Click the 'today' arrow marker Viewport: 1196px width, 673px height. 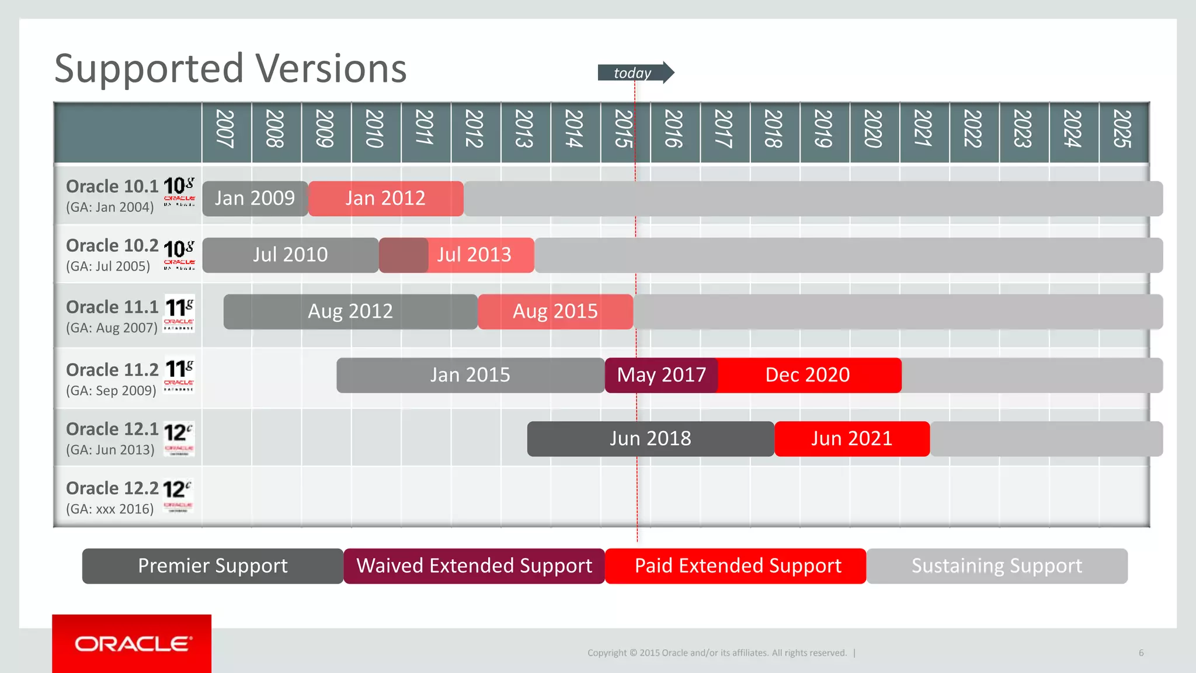(635, 72)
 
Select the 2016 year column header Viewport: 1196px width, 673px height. (675, 129)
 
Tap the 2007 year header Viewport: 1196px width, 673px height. (226, 129)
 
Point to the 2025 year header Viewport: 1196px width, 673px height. (1123, 129)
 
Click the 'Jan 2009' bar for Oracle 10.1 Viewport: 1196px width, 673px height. (255, 199)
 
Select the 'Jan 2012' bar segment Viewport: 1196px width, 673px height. (385, 199)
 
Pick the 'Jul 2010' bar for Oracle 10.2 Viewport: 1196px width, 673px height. (290, 255)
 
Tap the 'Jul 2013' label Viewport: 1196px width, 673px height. (474, 255)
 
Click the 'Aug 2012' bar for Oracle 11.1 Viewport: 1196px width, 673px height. (350, 311)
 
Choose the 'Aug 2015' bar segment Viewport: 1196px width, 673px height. (555, 311)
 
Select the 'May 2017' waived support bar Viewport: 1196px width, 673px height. (661, 375)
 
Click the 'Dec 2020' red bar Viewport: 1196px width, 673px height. (808, 375)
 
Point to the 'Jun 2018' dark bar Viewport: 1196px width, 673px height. (650, 439)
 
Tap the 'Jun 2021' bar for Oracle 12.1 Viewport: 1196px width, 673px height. (851, 439)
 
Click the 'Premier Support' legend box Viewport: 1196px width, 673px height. (213, 566)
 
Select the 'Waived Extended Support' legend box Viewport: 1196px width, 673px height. (474, 566)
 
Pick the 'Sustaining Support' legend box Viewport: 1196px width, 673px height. (996, 566)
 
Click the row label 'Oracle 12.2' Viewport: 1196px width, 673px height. (112, 488)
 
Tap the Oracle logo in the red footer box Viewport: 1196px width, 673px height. (133, 644)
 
